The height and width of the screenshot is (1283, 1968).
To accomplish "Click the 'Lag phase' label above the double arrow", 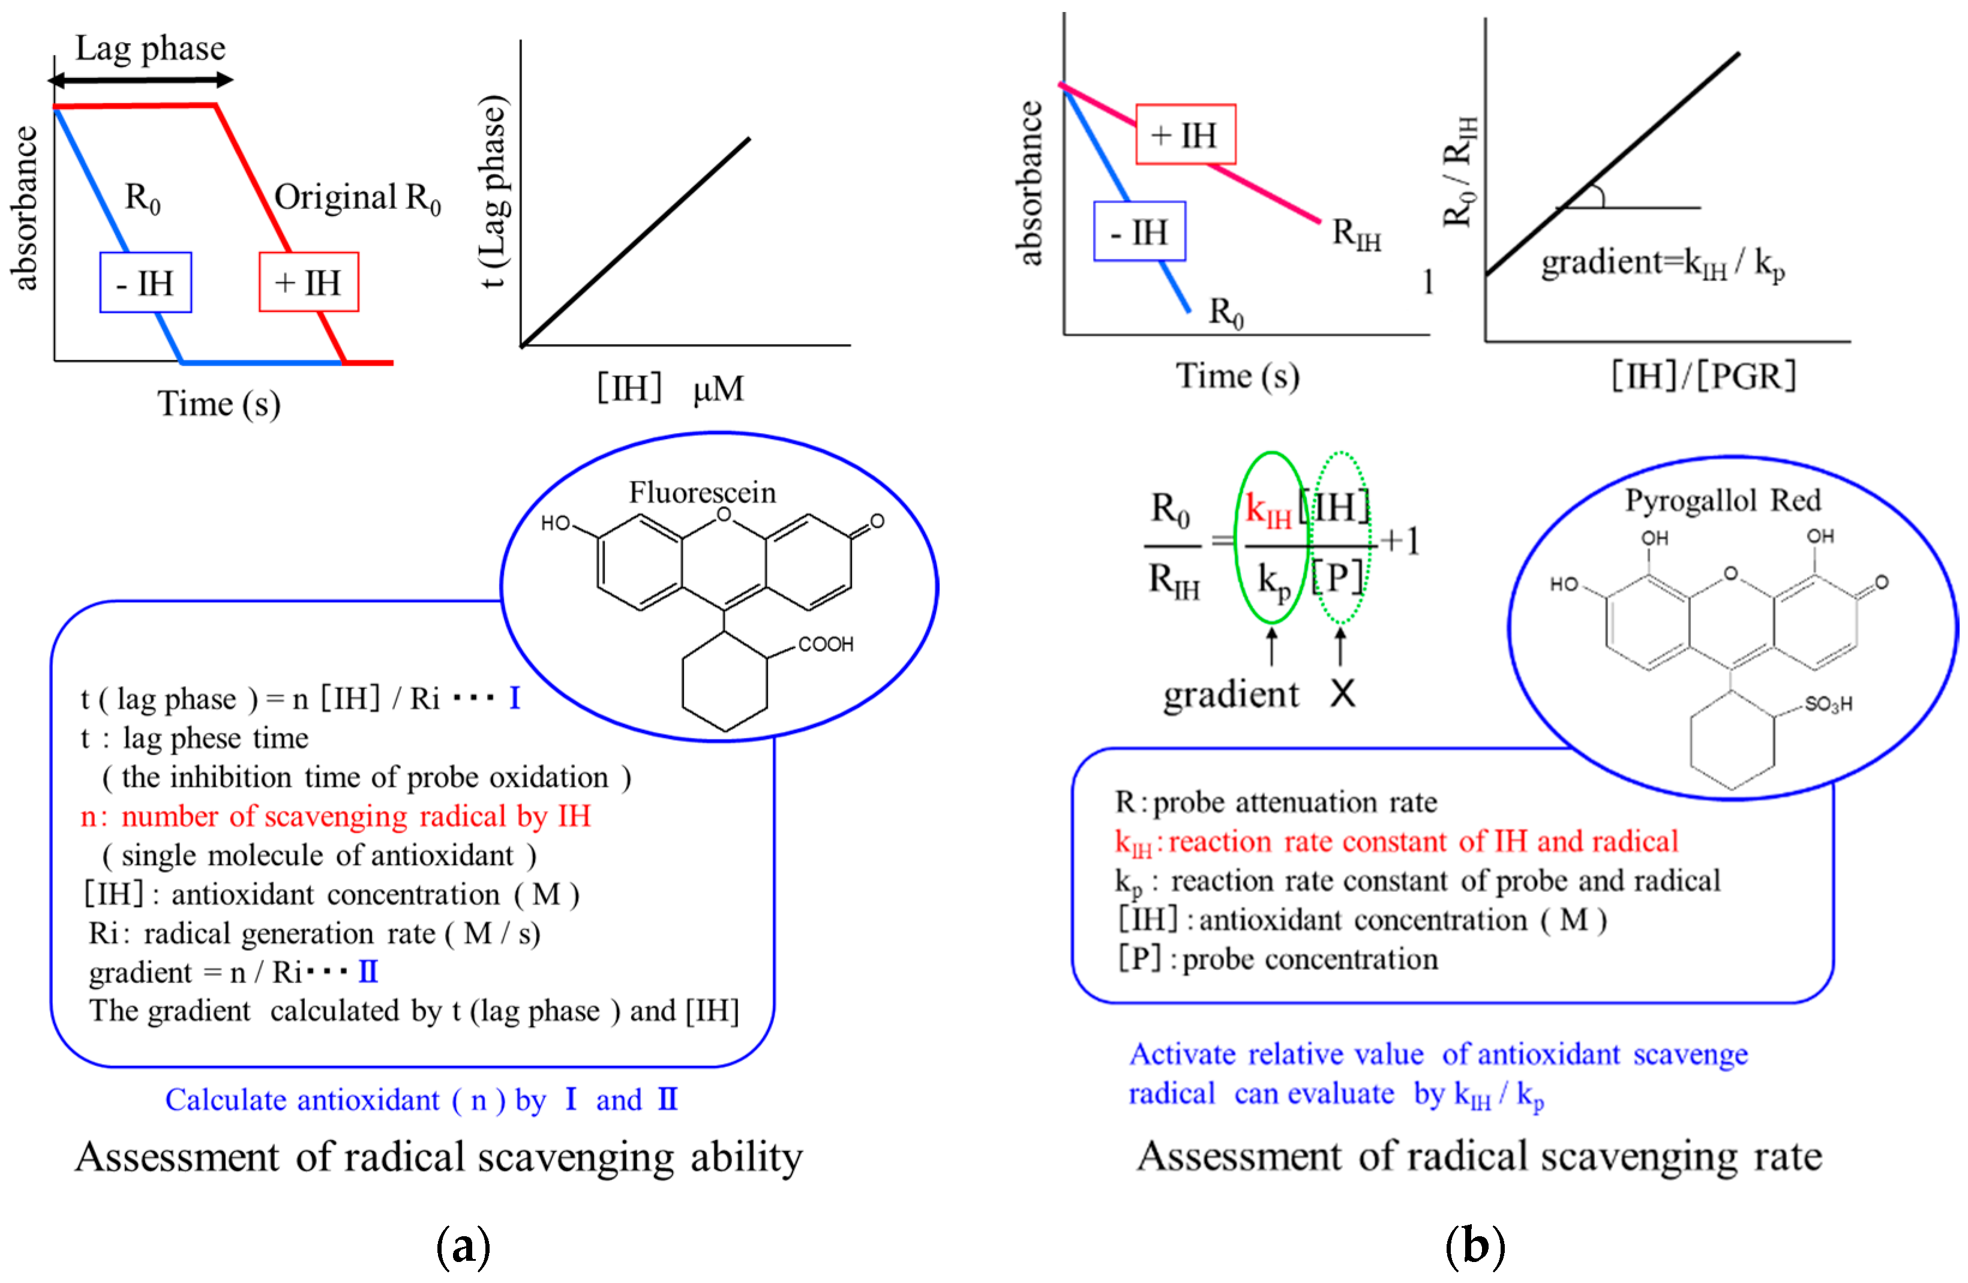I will [x=151, y=49].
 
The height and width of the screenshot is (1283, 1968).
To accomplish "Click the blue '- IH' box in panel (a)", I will [x=146, y=283].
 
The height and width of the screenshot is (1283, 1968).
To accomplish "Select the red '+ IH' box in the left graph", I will [x=308, y=283].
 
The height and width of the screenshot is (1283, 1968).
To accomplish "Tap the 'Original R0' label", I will [x=357, y=199].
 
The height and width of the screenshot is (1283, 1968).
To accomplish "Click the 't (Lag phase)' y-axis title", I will [x=494, y=192].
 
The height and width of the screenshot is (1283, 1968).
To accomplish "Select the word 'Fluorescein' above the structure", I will [x=702, y=492].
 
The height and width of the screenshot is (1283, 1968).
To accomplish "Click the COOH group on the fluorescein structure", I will [x=825, y=644].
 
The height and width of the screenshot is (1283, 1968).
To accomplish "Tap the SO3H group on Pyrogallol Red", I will [x=1828, y=704].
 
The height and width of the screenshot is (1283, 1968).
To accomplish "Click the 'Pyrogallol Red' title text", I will [x=1723, y=500].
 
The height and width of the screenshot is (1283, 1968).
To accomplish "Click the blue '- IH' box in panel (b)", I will [x=1139, y=232].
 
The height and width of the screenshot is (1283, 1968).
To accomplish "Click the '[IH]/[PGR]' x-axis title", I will [x=1703, y=377].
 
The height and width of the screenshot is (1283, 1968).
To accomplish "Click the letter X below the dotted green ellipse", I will [x=1343, y=693].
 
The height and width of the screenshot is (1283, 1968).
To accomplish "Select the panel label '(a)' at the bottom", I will [x=463, y=1246].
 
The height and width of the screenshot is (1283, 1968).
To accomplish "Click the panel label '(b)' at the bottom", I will [x=1474, y=1246].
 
